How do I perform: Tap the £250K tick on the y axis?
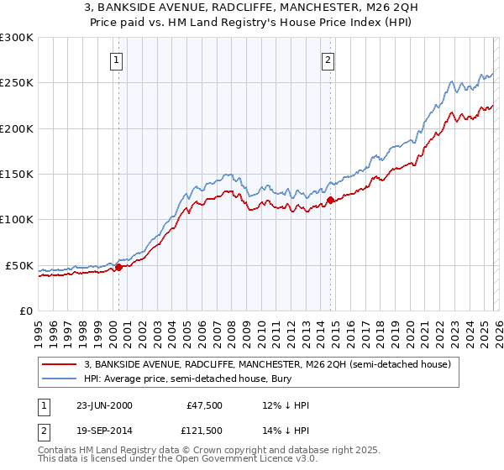pos(17,83)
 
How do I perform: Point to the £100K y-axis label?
pos(17,220)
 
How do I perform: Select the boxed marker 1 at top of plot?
pos(116,60)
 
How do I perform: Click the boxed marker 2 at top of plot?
pos(327,60)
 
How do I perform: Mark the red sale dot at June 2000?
pos(118,267)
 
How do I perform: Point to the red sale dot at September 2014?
pos(330,200)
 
